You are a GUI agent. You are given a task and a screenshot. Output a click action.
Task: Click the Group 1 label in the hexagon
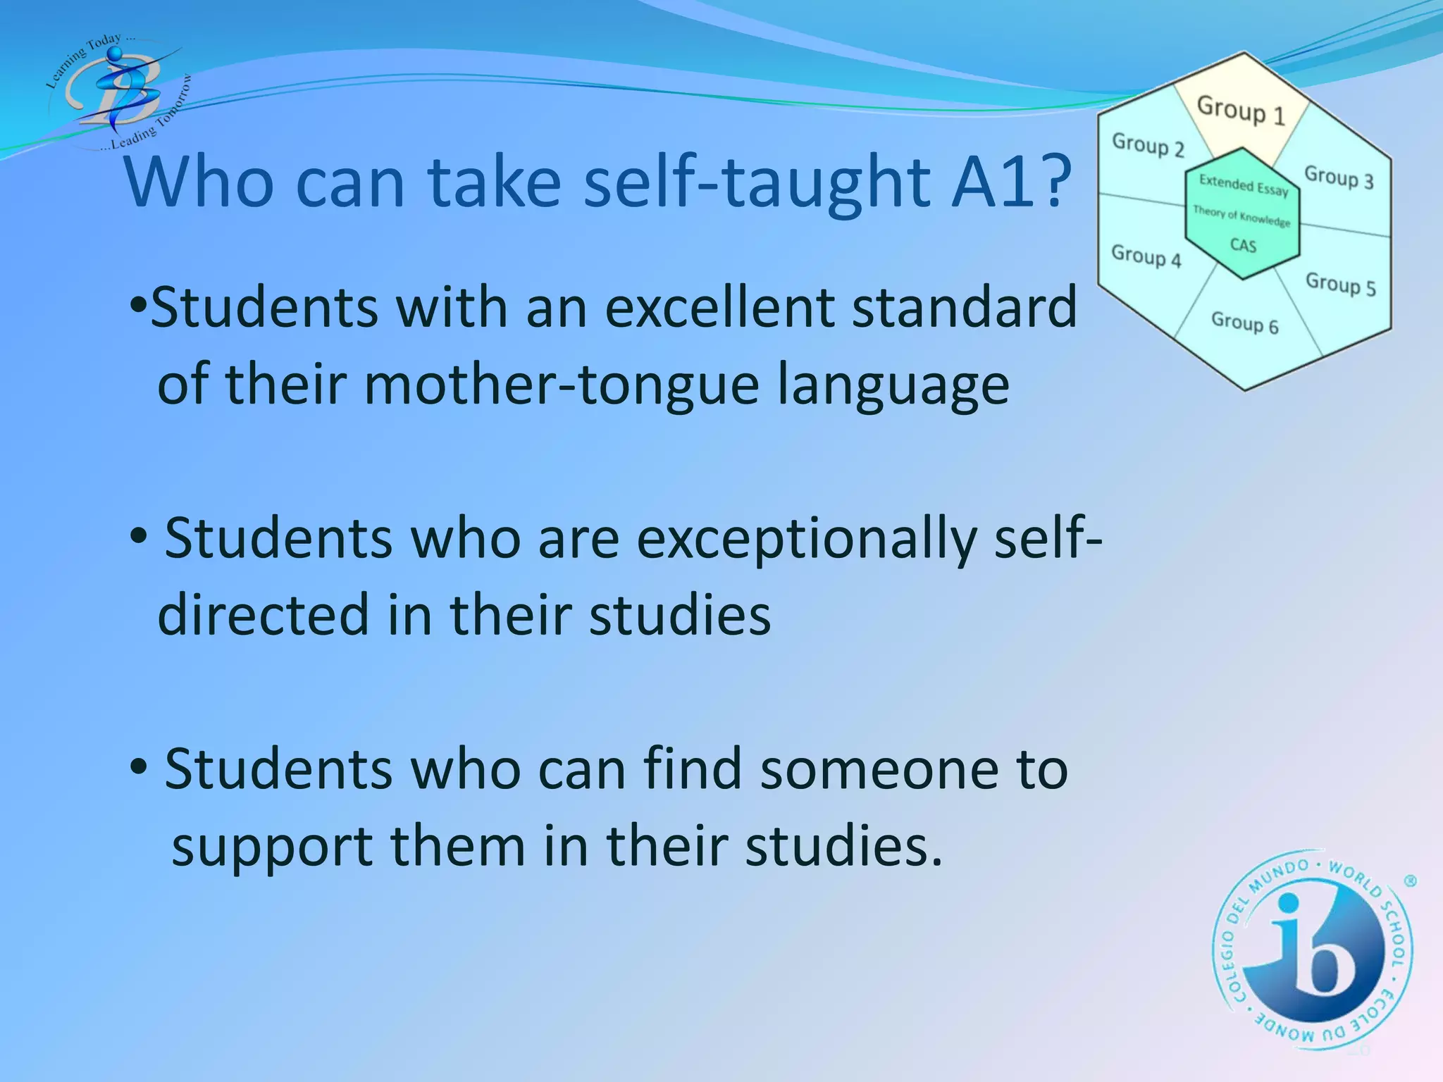point(1241,111)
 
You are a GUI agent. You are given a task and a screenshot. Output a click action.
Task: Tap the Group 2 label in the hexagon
point(1148,145)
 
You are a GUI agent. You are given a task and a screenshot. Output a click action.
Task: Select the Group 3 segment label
point(1339,176)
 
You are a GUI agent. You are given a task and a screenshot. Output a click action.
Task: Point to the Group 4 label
point(1146,256)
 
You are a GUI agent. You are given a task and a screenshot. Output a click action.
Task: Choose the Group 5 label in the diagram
point(1340,284)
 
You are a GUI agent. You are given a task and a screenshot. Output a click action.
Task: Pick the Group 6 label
point(1244,323)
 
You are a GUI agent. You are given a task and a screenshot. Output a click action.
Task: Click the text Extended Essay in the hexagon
point(1244,185)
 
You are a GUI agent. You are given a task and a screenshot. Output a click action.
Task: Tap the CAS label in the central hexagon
point(1243,245)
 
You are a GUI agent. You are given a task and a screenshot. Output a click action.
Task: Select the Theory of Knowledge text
point(1241,216)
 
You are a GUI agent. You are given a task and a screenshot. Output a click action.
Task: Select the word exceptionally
point(807,538)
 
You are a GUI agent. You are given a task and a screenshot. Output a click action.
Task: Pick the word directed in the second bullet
point(264,614)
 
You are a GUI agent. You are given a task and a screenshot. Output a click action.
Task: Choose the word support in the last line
point(272,846)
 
